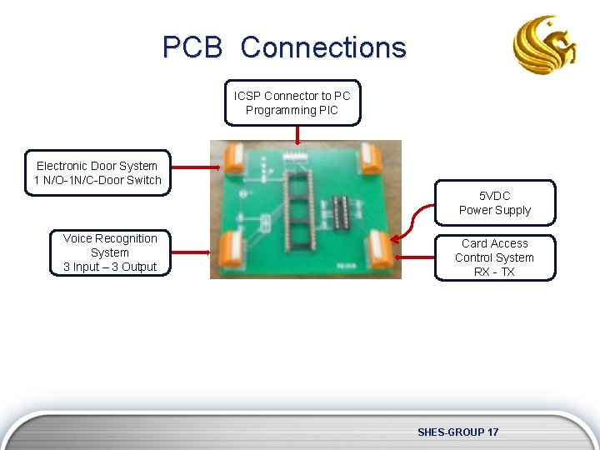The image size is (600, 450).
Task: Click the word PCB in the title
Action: (x=192, y=47)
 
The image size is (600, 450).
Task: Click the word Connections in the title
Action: (x=323, y=47)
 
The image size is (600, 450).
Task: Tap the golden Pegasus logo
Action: (x=545, y=46)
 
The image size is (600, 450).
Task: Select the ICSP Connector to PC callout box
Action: (x=292, y=102)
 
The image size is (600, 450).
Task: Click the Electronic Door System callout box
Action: (x=97, y=173)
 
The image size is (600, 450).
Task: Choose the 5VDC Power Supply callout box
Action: (x=494, y=202)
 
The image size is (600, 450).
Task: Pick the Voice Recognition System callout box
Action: (x=110, y=252)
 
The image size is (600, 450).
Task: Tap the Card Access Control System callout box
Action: (x=494, y=257)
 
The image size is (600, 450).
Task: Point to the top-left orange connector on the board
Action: (x=232, y=157)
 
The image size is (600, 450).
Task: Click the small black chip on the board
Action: (x=341, y=212)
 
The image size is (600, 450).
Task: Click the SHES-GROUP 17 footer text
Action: (x=457, y=432)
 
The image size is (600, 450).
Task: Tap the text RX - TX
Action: (x=494, y=272)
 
